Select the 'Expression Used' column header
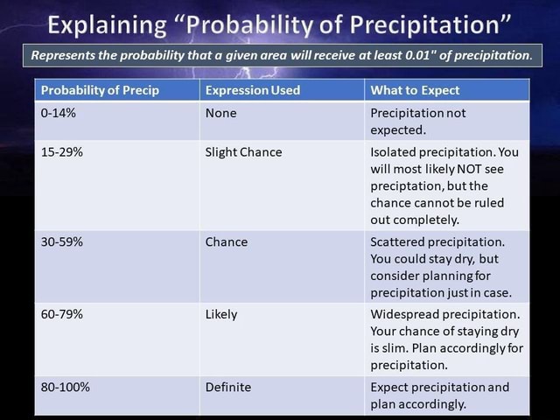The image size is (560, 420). pos(252,90)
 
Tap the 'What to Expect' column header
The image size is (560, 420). pos(415,90)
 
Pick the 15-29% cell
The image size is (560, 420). pos(62,151)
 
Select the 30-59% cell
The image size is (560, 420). pos(62,241)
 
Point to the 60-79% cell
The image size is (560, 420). pos(62,314)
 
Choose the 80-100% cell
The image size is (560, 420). pos(65,387)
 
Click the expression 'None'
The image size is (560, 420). pos(220,113)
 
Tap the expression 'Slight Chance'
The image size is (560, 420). pos(243,151)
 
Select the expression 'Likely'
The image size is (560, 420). pos(220,314)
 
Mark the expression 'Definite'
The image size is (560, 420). pos(227,387)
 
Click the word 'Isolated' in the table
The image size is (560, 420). pos(395,151)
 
